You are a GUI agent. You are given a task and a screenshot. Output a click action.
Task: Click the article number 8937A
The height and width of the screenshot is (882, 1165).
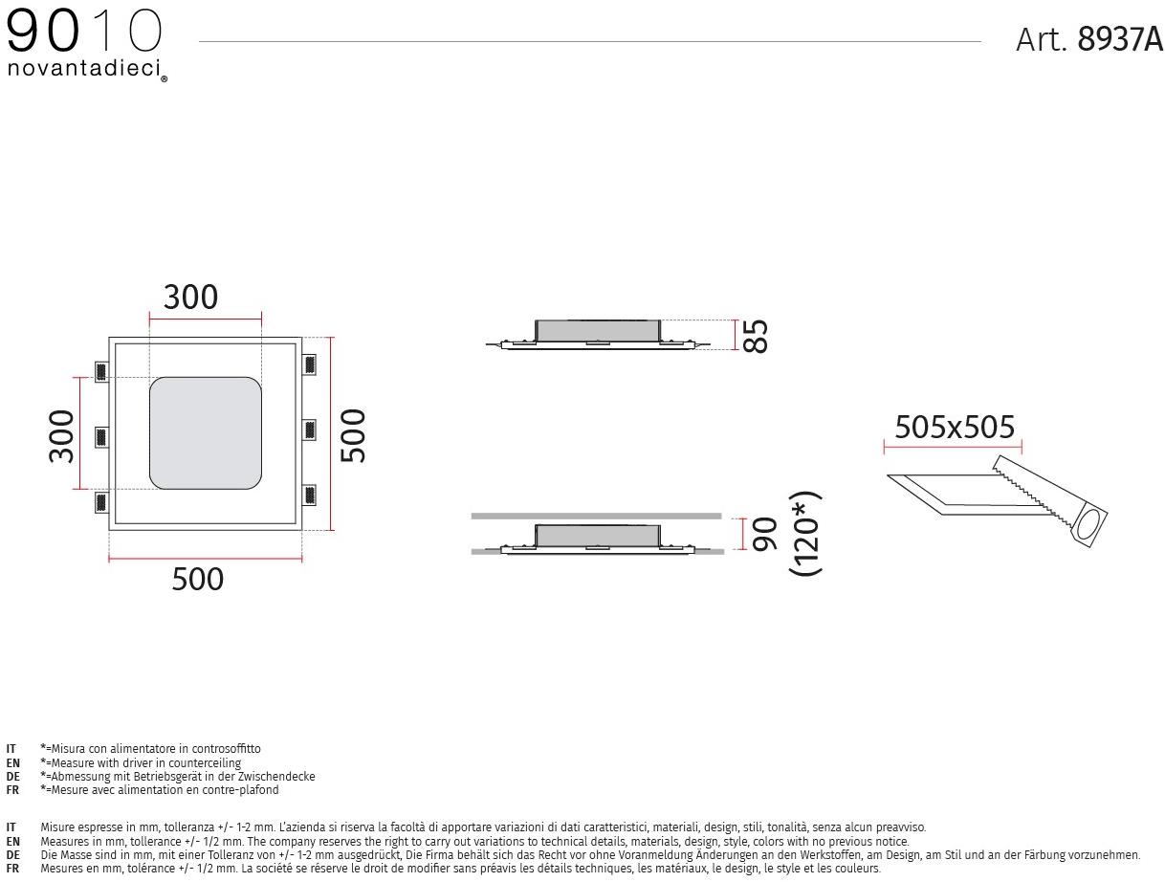click(1120, 39)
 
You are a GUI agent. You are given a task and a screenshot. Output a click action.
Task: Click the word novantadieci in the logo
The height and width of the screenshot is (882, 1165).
click(84, 69)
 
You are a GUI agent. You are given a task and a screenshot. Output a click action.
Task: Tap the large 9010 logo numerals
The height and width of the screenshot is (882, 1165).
click(84, 31)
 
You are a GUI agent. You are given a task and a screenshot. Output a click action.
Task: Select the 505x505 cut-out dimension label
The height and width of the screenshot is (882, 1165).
click(955, 427)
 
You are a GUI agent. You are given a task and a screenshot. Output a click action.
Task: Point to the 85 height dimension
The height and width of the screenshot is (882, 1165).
click(755, 336)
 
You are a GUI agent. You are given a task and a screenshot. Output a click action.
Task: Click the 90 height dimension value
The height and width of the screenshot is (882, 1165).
click(763, 534)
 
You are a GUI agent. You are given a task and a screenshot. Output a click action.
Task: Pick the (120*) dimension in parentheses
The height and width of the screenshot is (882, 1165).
click(805, 534)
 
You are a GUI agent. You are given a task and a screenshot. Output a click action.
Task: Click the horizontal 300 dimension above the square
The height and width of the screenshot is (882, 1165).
click(190, 297)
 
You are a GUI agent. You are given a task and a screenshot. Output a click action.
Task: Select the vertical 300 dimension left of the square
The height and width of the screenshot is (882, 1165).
click(61, 436)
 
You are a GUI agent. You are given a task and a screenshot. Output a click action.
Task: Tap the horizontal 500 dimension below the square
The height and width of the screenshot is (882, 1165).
click(197, 579)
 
